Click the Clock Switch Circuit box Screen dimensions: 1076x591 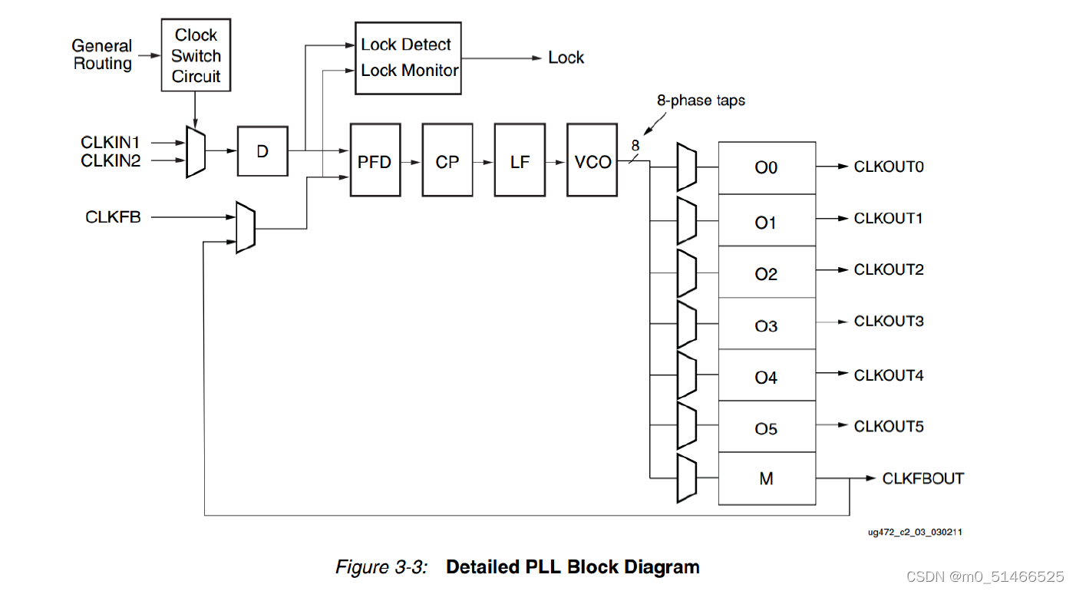tap(196, 55)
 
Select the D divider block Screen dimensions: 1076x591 tap(262, 151)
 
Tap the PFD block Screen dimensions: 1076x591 tap(375, 160)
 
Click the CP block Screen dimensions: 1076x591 tap(447, 160)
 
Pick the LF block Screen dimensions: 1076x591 tap(520, 160)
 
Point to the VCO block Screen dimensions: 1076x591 tap(592, 160)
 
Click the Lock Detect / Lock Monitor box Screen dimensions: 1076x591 tap(408, 58)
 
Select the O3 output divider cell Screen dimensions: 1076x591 tap(767, 323)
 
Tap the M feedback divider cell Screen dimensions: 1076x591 tap(767, 479)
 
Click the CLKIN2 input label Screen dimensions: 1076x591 tap(111, 161)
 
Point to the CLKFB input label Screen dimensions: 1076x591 tap(113, 217)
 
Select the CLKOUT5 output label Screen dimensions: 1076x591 tap(889, 426)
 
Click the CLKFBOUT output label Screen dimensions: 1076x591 tap(923, 479)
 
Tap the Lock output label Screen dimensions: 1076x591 tap(566, 58)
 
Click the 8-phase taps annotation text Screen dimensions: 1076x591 tap(701, 101)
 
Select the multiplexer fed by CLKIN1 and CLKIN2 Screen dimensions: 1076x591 tap(196, 152)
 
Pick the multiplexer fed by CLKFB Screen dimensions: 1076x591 tap(246, 228)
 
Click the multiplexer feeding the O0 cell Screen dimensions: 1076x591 tap(687, 167)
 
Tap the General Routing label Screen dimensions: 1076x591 tap(102, 54)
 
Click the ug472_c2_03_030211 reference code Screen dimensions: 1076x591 tap(915, 533)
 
